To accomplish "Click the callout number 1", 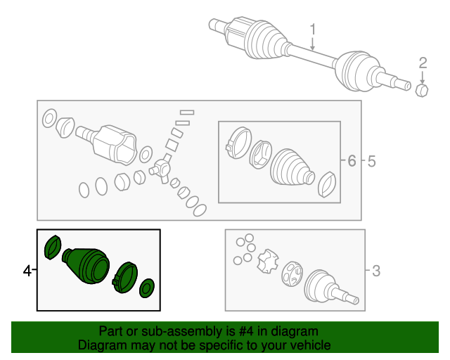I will pos(313,30).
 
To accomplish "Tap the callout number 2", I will pos(423,63).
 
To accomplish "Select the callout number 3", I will pos(375,270).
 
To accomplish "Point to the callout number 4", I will pos(27,270).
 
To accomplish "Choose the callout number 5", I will pos(371,162).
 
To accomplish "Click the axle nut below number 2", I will pos(423,91).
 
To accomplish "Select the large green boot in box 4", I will pos(87,265).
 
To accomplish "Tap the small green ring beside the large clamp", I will pos(148,287).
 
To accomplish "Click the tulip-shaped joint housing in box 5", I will pos(112,143).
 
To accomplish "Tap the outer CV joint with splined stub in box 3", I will pos(327,285).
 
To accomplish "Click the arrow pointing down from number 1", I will pos(313,44).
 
